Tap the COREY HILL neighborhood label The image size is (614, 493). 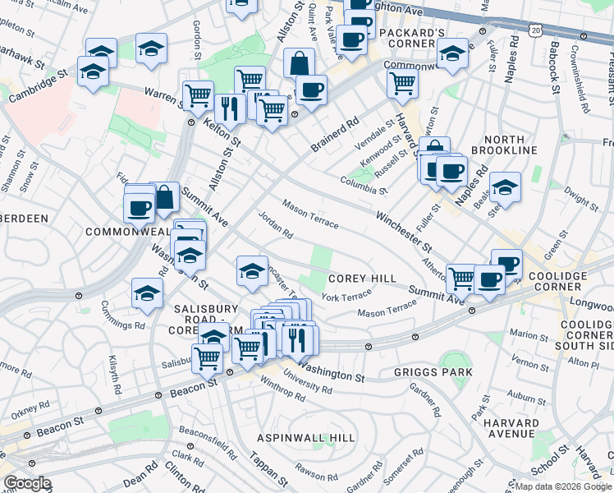click(364, 279)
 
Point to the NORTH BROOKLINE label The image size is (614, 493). click(497, 150)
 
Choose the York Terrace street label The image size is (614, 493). click(346, 297)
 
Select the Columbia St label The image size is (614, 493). click(364, 185)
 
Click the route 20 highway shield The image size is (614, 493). click(536, 30)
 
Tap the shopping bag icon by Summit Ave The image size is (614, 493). click(164, 197)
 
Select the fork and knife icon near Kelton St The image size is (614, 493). click(229, 107)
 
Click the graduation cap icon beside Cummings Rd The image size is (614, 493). click(148, 293)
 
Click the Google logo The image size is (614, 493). click(27, 484)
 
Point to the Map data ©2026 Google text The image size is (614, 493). click(563, 486)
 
